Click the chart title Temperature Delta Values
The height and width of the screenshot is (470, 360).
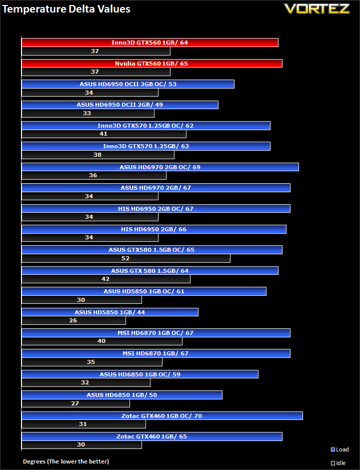click(66, 9)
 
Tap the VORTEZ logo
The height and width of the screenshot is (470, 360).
click(317, 9)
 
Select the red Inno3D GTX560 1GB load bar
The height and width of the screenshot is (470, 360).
click(150, 43)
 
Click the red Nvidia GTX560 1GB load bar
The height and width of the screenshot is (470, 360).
click(152, 63)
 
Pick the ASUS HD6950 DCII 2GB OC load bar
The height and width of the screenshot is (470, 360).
click(128, 84)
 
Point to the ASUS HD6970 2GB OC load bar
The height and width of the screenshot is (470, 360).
click(160, 167)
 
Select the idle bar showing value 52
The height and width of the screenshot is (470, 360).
click(126, 258)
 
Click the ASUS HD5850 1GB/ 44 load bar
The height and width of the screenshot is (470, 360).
click(110, 312)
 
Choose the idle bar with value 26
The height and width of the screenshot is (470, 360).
click(73, 320)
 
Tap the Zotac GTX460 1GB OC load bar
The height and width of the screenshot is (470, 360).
click(162, 416)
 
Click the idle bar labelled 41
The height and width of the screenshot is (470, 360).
click(104, 134)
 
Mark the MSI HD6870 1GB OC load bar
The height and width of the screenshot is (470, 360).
click(155, 333)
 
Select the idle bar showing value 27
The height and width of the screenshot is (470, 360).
click(75, 403)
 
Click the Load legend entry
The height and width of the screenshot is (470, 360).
click(339, 449)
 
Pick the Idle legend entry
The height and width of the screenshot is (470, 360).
click(338, 463)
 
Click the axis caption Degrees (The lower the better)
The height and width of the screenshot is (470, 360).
click(66, 461)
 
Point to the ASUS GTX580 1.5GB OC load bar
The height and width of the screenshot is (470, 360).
click(152, 250)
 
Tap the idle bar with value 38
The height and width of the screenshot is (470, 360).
click(98, 155)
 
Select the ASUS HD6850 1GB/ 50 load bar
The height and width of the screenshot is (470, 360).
click(122, 395)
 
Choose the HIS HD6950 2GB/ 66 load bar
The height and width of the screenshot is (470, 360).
click(154, 229)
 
